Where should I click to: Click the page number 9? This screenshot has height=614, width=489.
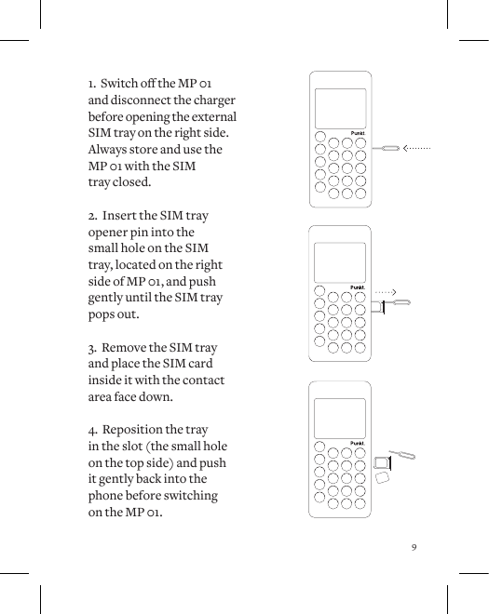tap(414, 546)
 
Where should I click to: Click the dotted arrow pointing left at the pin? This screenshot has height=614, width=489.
tap(416, 148)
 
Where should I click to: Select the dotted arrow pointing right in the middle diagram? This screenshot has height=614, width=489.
tap(386, 292)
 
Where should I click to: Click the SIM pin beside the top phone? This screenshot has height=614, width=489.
tap(385, 148)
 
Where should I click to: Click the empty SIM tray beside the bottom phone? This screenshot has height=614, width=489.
tap(381, 462)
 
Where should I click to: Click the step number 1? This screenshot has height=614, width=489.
tap(90, 84)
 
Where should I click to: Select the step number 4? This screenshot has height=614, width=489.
tap(91, 430)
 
